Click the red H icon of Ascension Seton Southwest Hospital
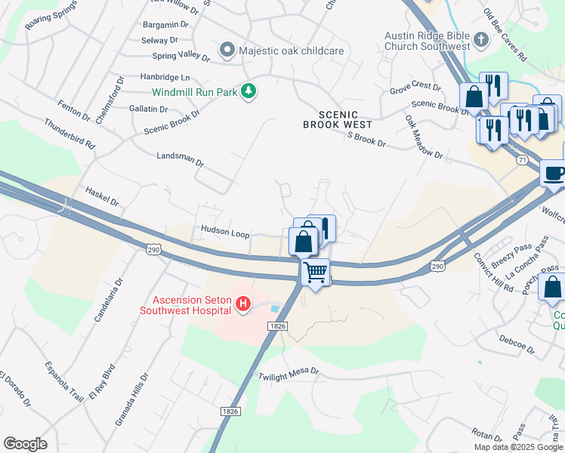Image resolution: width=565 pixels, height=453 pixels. point(243,304)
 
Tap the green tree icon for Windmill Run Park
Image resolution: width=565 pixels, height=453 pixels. point(249,92)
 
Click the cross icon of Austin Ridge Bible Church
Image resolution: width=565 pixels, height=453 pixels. point(481,39)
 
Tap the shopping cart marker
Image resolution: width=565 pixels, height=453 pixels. point(315,270)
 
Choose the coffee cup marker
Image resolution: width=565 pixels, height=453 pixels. point(554,172)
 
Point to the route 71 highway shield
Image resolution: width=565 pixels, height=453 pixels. point(522,160)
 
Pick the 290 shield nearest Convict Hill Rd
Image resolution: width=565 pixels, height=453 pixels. point(437,266)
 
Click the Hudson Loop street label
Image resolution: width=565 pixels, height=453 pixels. point(224,234)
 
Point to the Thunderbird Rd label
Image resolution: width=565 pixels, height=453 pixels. point(69,133)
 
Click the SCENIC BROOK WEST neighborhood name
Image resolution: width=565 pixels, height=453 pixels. point(337,119)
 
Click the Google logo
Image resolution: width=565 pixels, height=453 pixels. point(25,444)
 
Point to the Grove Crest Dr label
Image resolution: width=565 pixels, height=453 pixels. point(415,88)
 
